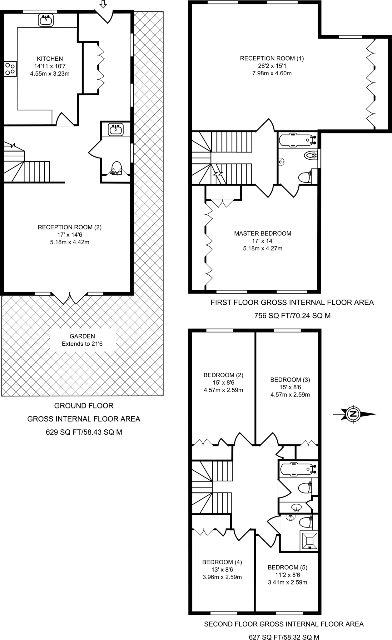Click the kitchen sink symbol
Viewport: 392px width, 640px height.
(x=47, y=21)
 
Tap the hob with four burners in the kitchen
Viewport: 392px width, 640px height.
(x=10, y=69)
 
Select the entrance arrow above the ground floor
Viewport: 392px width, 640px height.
(x=103, y=4)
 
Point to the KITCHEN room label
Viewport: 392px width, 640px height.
(x=50, y=58)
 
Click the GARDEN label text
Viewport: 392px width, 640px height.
(x=82, y=336)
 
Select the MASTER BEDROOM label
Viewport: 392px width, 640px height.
(x=263, y=233)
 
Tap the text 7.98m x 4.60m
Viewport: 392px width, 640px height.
(x=272, y=73)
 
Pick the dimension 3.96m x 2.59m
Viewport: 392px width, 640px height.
(x=222, y=577)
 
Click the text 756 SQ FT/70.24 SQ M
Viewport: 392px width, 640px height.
(x=292, y=316)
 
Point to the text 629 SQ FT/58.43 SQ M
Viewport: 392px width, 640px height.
(x=84, y=432)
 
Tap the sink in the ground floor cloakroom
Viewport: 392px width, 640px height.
(x=116, y=129)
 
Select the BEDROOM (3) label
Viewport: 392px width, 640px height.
(x=290, y=380)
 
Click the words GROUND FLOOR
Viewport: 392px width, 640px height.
(x=84, y=406)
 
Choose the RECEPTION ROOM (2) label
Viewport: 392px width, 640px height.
(x=70, y=227)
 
